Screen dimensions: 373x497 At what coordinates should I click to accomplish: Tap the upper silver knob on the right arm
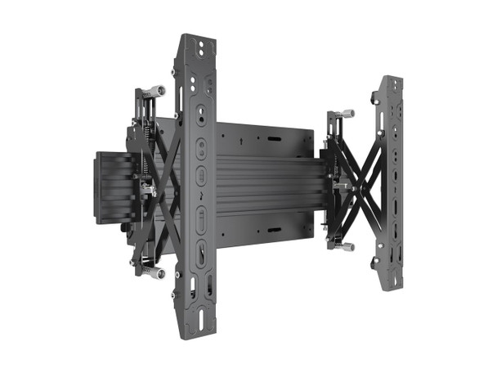[x=347, y=114]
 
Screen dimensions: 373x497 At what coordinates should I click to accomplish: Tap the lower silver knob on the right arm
[x=347, y=246]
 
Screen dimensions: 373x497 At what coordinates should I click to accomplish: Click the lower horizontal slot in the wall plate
[x=272, y=230]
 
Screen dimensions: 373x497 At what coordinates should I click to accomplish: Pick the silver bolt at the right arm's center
[x=341, y=186]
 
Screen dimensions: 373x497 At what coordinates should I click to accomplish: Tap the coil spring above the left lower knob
[x=146, y=260]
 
